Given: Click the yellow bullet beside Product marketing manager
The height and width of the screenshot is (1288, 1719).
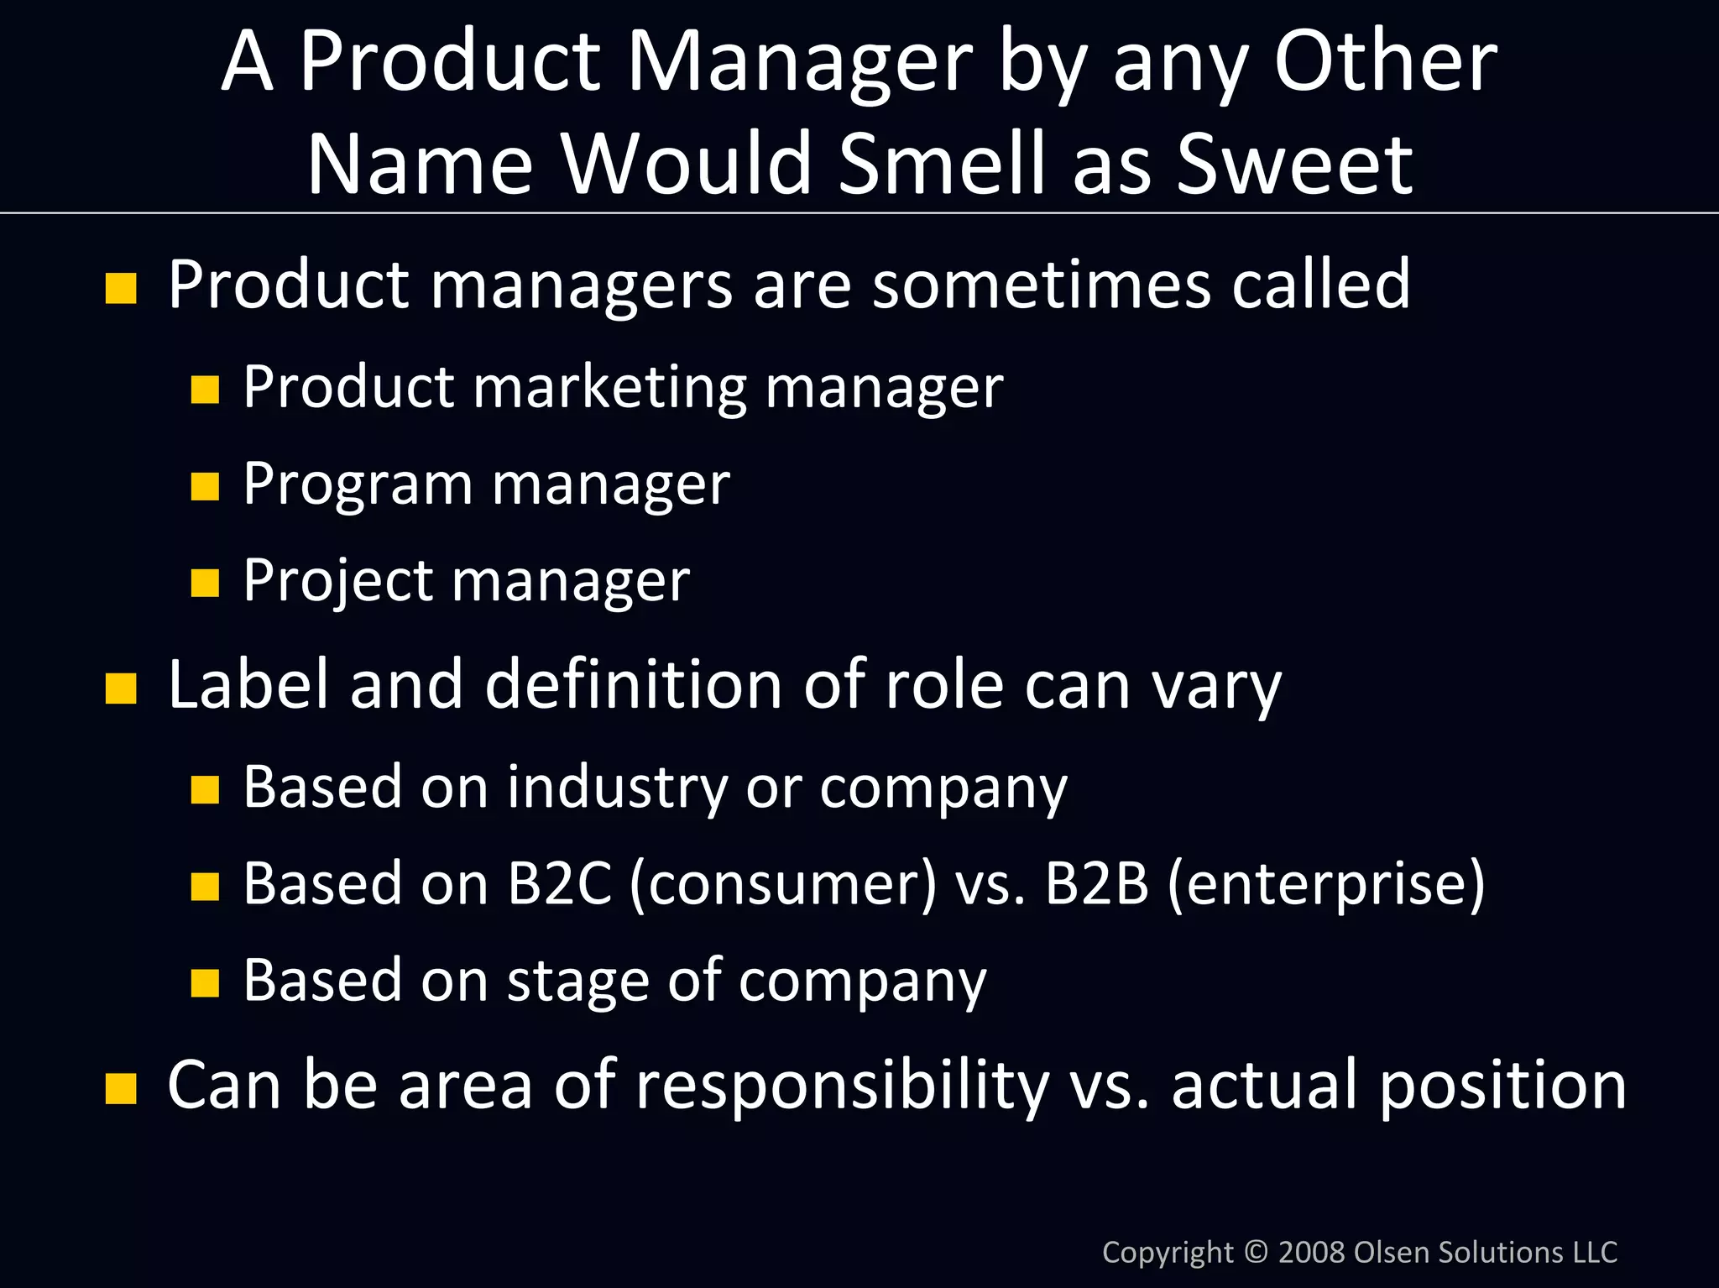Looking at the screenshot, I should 205,390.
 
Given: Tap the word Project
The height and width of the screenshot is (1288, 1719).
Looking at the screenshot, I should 338,581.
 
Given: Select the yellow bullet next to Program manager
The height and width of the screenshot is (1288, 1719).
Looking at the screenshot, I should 205,486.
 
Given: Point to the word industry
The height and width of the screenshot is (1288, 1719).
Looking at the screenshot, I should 617,788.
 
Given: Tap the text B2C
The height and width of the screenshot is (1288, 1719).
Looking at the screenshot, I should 559,883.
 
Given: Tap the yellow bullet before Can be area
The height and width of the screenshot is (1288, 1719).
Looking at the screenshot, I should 121,1088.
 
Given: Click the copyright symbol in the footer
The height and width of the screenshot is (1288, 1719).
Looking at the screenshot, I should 1256,1252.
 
